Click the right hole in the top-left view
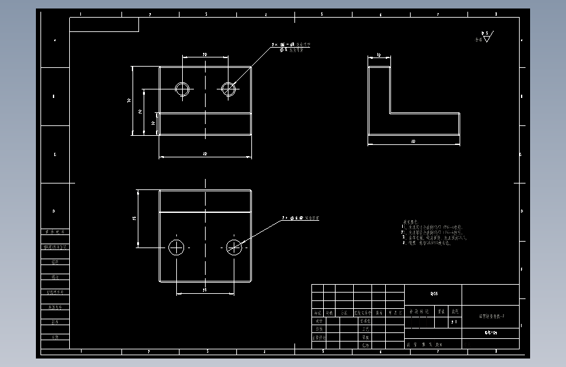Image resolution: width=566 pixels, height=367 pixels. click(x=228, y=89)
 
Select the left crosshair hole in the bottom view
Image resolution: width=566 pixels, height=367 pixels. click(x=176, y=247)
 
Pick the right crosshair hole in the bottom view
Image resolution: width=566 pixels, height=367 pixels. click(x=234, y=247)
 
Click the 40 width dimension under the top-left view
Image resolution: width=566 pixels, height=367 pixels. click(x=205, y=154)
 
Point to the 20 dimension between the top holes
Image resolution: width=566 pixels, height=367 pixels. click(x=205, y=55)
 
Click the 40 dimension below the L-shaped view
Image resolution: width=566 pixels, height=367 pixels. click(x=413, y=141)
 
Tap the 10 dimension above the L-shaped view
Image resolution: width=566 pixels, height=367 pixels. click(x=379, y=56)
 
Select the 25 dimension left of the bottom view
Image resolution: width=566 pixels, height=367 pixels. click(x=134, y=219)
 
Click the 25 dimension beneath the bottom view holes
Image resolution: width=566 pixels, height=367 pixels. click(x=204, y=289)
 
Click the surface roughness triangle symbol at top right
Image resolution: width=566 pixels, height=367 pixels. click(x=487, y=38)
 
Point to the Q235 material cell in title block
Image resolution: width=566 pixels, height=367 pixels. click(x=433, y=294)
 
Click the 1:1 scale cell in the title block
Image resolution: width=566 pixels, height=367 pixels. click(x=454, y=322)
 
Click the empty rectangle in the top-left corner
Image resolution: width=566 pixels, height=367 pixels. click(x=104, y=25)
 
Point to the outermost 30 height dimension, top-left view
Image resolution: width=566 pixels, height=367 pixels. click(x=130, y=101)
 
